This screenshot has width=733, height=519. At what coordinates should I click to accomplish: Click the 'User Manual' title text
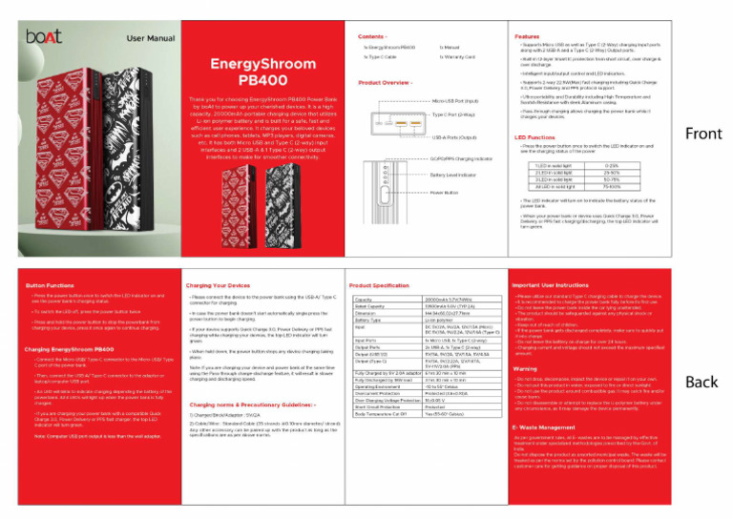point(150,38)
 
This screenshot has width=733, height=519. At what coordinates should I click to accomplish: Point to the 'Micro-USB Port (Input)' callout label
point(463,100)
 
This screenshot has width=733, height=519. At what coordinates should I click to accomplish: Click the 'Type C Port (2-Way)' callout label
point(457,114)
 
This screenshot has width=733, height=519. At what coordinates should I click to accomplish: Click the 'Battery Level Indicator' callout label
point(454,175)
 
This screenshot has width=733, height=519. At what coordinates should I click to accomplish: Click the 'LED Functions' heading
point(535,136)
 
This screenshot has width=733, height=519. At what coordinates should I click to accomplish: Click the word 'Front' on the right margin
point(702,135)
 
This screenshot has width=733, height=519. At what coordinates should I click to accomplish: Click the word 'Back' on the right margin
point(702,383)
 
